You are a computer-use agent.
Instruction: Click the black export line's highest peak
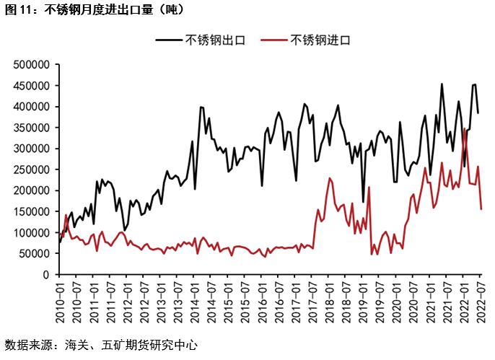[x=442, y=84]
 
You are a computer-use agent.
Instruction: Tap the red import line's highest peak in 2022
[x=464, y=128]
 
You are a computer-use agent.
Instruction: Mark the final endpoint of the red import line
[x=481, y=209]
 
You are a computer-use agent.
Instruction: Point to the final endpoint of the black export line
[x=478, y=113]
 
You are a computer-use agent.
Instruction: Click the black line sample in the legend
[x=168, y=40]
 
